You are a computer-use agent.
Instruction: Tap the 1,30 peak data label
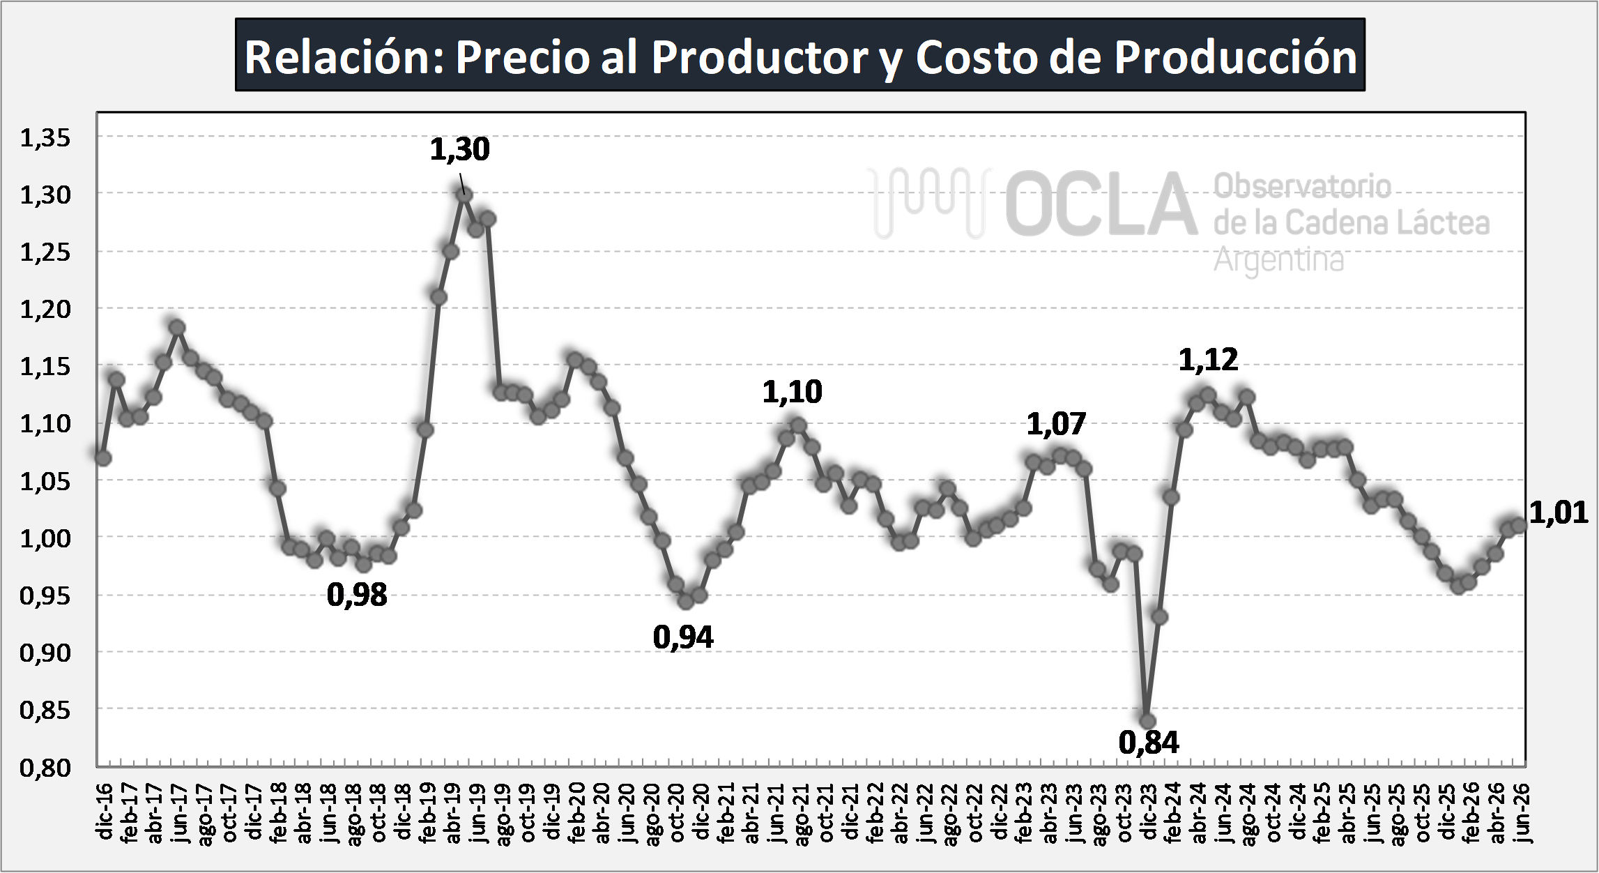[459, 149]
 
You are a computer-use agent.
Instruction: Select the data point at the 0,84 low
[1147, 721]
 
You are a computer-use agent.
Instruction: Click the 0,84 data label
[1149, 743]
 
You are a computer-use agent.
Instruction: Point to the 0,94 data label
[683, 637]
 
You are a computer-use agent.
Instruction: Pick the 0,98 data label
[357, 595]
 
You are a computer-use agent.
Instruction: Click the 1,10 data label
[792, 392]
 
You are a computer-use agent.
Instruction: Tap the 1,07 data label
[1056, 424]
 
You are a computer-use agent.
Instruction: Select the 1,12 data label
[1208, 360]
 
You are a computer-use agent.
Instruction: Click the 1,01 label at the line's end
[1559, 513]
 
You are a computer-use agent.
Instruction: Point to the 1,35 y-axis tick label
[45, 138]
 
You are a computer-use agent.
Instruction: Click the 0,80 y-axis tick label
[45, 768]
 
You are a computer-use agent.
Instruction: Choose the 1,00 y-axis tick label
[45, 539]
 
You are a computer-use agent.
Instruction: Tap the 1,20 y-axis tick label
[45, 310]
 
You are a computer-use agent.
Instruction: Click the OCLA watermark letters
[1101, 204]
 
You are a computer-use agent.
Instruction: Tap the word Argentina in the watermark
[1279, 261]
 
